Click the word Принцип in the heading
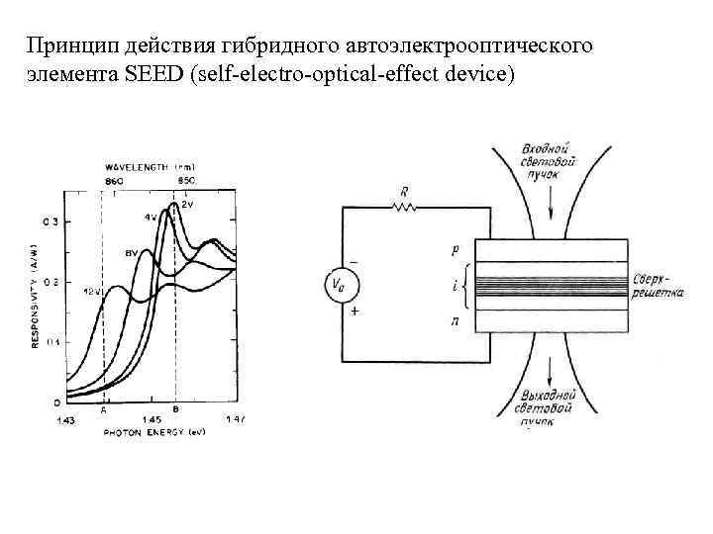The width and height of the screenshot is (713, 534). pyautogui.click(x=66, y=46)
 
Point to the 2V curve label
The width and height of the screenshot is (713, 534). pyautogui.click(x=188, y=202)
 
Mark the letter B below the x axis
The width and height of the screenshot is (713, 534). pyautogui.click(x=175, y=407)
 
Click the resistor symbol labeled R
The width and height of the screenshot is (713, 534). pyautogui.click(x=403, y=208)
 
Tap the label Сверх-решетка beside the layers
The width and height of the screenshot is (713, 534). pyautogui.click(x=658, y=287)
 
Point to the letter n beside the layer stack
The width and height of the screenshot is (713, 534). pyautogui.click(x=455, y=320)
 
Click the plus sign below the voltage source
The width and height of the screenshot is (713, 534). pyautogui.click(x=355, y=310)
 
